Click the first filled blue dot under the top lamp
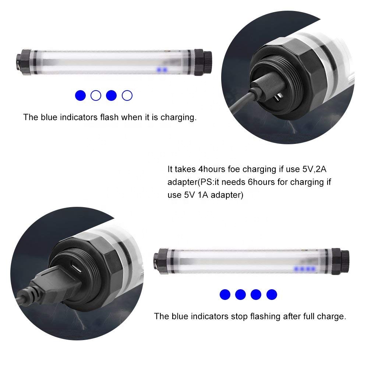pyautogui.click(x=80, y=96)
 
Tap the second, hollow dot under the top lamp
pyautogui.click(x=96, y=96)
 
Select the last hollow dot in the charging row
pyautogui.click(x=127, y=96)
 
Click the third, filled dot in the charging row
pyautogui.click(x=111, y=96)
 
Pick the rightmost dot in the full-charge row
pyautogui.click(x=272, y=294)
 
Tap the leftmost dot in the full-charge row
pyautogui.click(x=225, y=294)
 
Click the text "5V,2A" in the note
pyautogui.click(x=314, y=169)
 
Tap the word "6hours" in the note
pyautogui.click(x=261, y=182)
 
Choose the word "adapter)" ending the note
pyautogui.click(x=227, y=195)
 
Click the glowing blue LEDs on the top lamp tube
pyautogui.click(x=162, y=70)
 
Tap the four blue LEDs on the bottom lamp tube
pyautogui.click(x=305, y=269)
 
